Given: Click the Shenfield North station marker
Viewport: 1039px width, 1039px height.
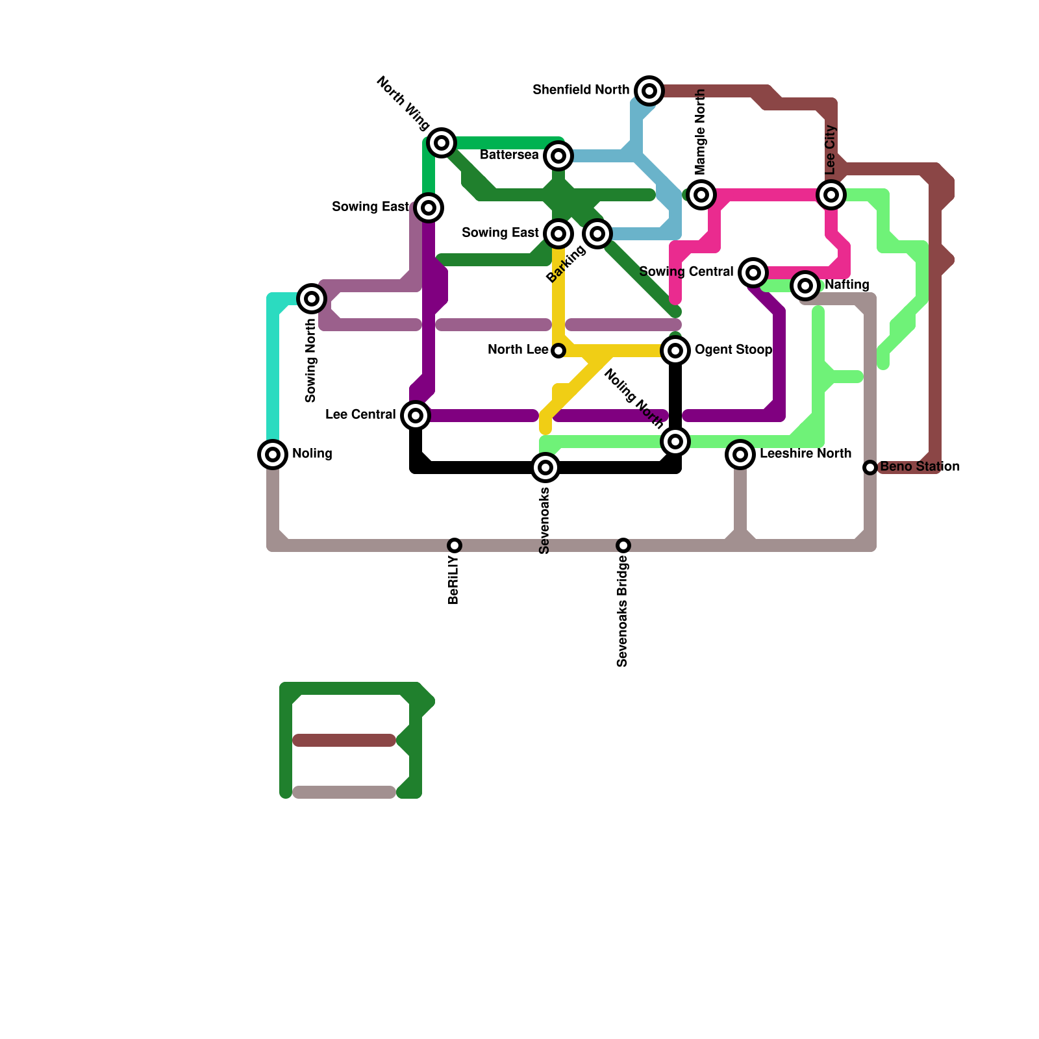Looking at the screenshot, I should point(649,91).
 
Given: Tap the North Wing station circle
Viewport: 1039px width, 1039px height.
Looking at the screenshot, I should point(442,142).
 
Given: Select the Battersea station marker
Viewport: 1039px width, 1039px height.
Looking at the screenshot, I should point(558,156).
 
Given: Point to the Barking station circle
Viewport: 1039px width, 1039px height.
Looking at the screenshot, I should point(597,233).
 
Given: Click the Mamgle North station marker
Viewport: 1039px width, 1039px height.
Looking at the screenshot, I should point(701,194).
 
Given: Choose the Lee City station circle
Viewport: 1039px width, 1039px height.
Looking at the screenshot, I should point(831,194).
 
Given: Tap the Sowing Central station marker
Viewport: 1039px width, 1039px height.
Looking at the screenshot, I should point(753,273).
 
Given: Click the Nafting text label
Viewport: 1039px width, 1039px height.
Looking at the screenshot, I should point(847,285).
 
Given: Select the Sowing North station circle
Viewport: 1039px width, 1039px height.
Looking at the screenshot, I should point(312,298).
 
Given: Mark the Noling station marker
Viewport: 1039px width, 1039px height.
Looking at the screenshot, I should point(273,454).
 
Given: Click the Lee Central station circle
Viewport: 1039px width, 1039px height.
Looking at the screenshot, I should point(416,415).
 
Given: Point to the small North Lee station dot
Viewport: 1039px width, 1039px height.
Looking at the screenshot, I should point(558,351).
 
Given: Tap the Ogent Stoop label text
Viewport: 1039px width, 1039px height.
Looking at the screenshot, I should point(733,350).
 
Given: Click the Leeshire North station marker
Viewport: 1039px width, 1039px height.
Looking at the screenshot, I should point(740,454).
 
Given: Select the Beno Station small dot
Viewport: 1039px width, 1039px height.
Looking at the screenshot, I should point(870,467).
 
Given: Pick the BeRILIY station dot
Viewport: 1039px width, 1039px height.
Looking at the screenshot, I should point(455,545).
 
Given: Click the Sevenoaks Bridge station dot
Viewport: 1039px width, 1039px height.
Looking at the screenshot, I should point(623,545).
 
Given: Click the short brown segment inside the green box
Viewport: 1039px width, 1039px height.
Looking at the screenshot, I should point(344,740).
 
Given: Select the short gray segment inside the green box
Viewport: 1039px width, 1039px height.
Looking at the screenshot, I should point(344,792).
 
